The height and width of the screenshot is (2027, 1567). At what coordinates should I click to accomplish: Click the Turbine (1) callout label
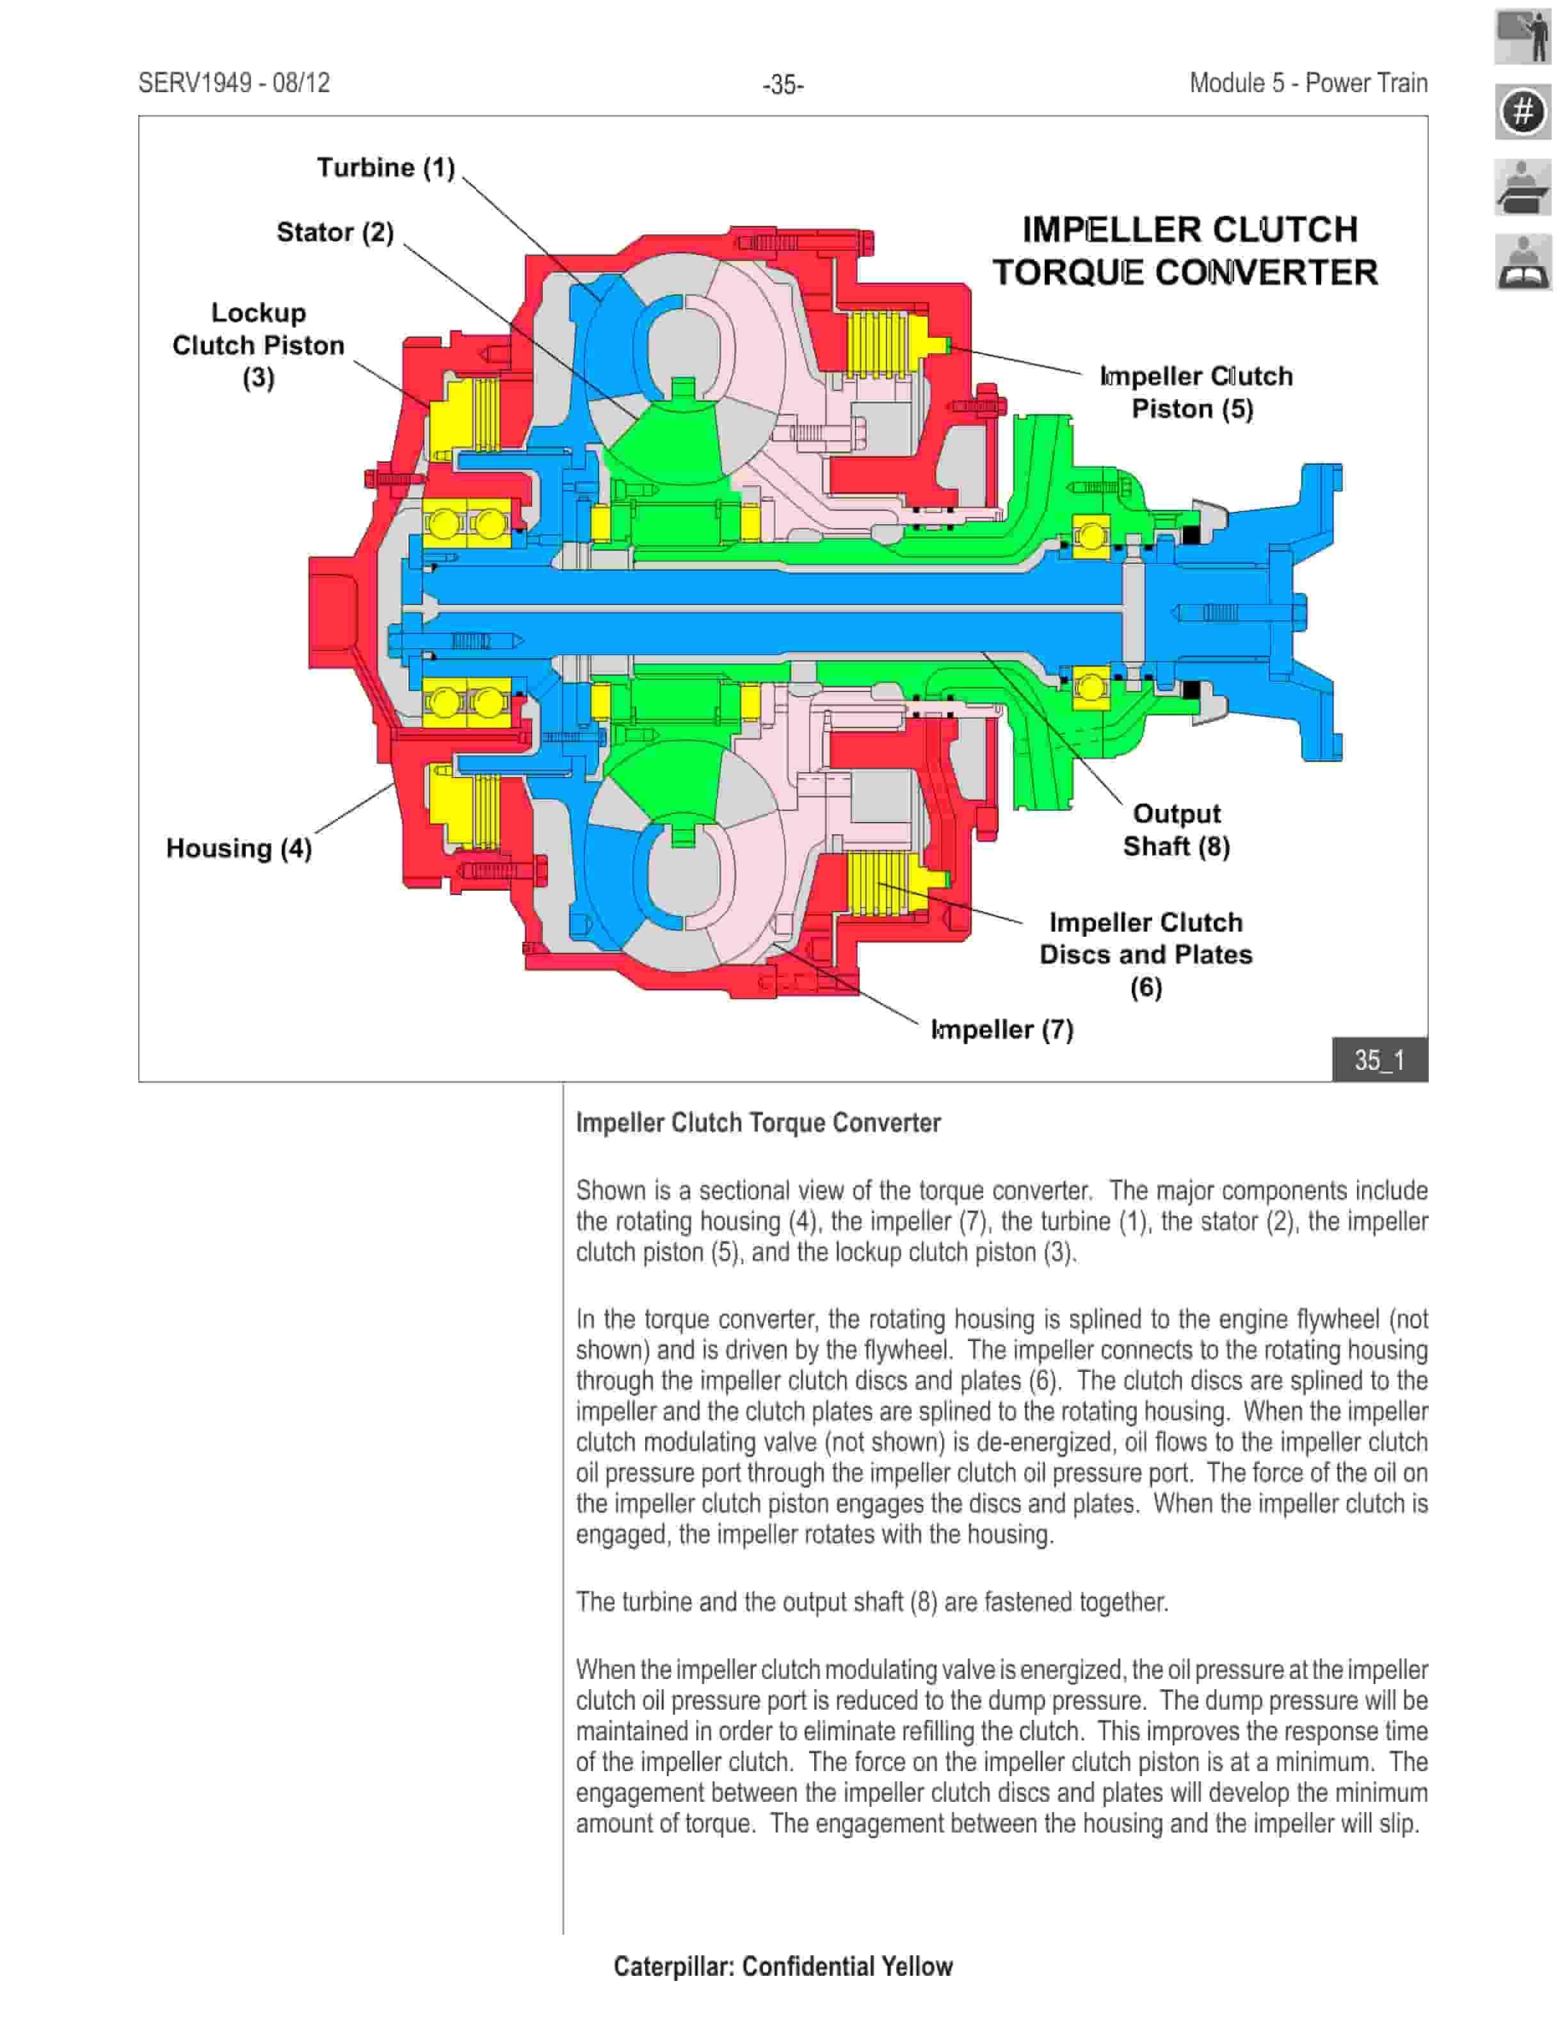pos(385,168)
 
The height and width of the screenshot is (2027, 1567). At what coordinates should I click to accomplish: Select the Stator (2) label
pos(335,232)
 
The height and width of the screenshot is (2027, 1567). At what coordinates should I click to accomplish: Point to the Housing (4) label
pos(239,848)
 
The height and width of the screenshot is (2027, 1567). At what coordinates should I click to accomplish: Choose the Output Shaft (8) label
pos(1176,830)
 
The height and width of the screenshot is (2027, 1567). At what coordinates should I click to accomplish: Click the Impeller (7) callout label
pos(1002,1029)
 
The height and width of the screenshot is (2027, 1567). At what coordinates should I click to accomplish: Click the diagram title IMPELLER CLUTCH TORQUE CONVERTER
pos(1185,251)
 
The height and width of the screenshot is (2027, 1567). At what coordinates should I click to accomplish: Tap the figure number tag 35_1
pos(1379,1060)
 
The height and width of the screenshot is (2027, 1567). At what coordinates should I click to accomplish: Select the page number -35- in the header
pos(783,85)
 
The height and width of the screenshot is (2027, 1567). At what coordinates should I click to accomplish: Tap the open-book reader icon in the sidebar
pos(1522,263)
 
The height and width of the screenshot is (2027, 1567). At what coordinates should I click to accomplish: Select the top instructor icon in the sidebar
pos(1522,36)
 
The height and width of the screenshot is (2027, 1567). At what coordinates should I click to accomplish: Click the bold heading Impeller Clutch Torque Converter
pos(757,1123)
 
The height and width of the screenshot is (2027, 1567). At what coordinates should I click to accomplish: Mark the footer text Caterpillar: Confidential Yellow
pos(783,1966)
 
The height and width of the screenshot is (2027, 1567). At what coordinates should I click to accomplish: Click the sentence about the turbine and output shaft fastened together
pos(871,1602)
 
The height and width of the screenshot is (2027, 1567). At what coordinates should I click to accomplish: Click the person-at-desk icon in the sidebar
pos(1522,187)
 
